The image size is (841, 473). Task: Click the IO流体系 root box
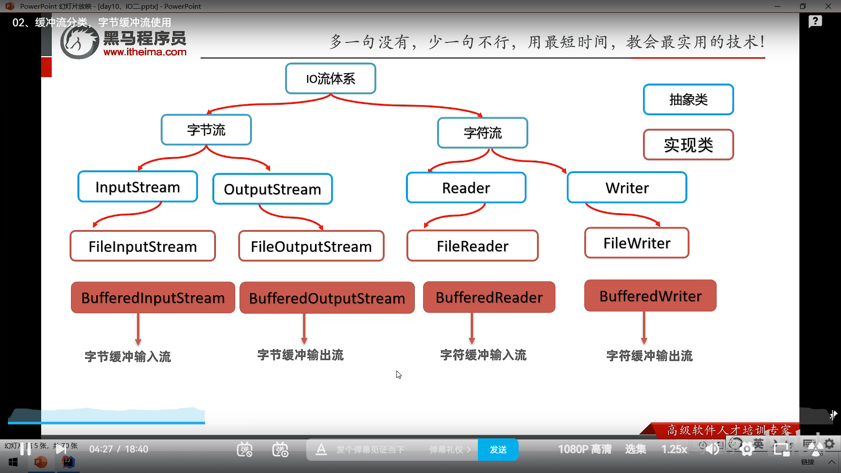tap(330, 79)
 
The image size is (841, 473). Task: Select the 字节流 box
tap(206, 130)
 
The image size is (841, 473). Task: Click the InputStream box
tap(138, 187)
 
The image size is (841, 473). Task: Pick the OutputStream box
tap(272, 189)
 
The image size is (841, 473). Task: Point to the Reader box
tap(466, 188)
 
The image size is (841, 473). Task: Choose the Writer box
tap(627, 188)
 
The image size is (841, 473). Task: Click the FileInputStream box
tap(143, 246)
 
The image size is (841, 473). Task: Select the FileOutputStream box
tap(311, 246)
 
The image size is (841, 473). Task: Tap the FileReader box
tap(472, 246)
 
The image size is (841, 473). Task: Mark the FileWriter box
tap(636, 243)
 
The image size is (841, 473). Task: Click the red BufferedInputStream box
tap(153, 298)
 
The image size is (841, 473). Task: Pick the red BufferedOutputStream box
tap(327, 298)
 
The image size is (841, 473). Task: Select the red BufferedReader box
tap(489, 297)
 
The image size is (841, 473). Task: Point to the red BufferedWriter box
tap(650, 296)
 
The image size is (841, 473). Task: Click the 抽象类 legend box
tap(688, 100)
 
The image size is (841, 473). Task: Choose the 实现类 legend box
tap(688, 145)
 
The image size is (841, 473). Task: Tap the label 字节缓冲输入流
tap(128, 357)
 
